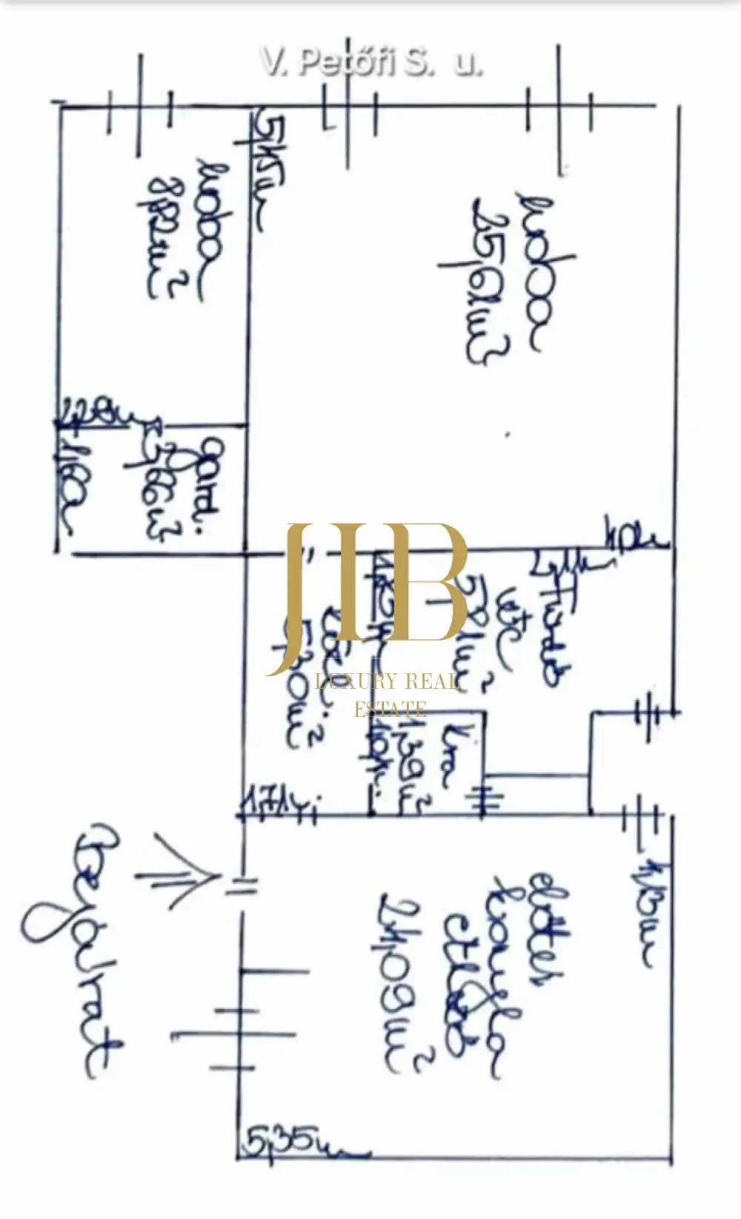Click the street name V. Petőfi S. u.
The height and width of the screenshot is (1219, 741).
click(x=370, y=62)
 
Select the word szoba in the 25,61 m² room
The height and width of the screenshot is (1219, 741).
click(x=539, y=271)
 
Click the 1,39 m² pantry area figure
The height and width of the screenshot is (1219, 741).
click(x=411, y=771)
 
